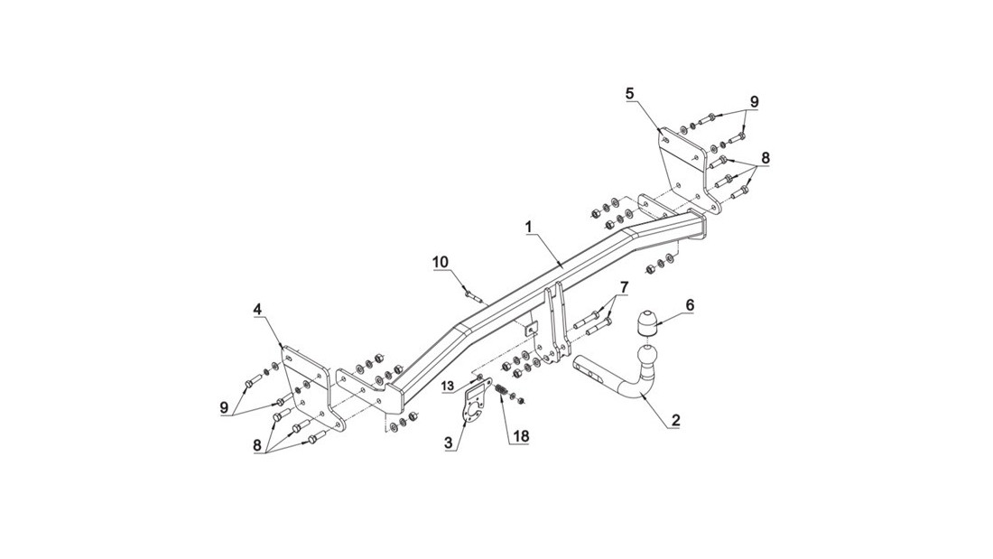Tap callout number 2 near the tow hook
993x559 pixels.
676,420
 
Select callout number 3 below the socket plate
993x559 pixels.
449,443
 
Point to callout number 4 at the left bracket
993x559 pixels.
257,310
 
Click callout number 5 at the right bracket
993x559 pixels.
629,93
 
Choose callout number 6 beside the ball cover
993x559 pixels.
690,305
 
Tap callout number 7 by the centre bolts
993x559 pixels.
624,287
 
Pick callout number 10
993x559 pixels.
441,262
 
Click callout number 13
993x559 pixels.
448,386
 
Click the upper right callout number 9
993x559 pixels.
755,101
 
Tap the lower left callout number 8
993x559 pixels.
257,445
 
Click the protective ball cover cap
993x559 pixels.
648,325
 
